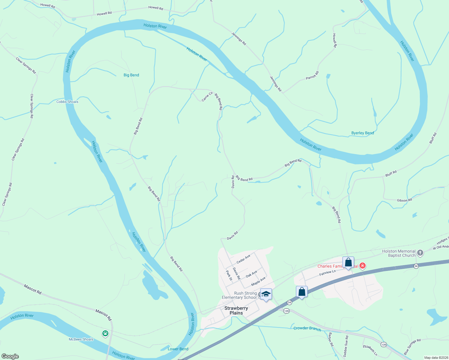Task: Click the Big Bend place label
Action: [131, 75]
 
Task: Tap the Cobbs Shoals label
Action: [67, 102]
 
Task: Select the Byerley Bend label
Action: [363, 133]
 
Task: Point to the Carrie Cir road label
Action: [207, 97]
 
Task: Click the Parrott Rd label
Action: [312, 75]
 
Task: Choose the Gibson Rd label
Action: [404, 200]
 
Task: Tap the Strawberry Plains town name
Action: [236, 310]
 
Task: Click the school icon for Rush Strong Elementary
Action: [266, 294]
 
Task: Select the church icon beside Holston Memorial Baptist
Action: [420, 253]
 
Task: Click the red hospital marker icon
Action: [363, 265]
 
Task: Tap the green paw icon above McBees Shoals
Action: [105, 333]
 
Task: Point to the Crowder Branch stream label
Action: [307, 328]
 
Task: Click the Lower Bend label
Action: [178, 349]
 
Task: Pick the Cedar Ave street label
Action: [243, 259]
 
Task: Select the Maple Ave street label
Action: [258, 281]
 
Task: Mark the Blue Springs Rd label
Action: [412, 346]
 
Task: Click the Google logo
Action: [10, 356]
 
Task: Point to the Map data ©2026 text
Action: [436, 358]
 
